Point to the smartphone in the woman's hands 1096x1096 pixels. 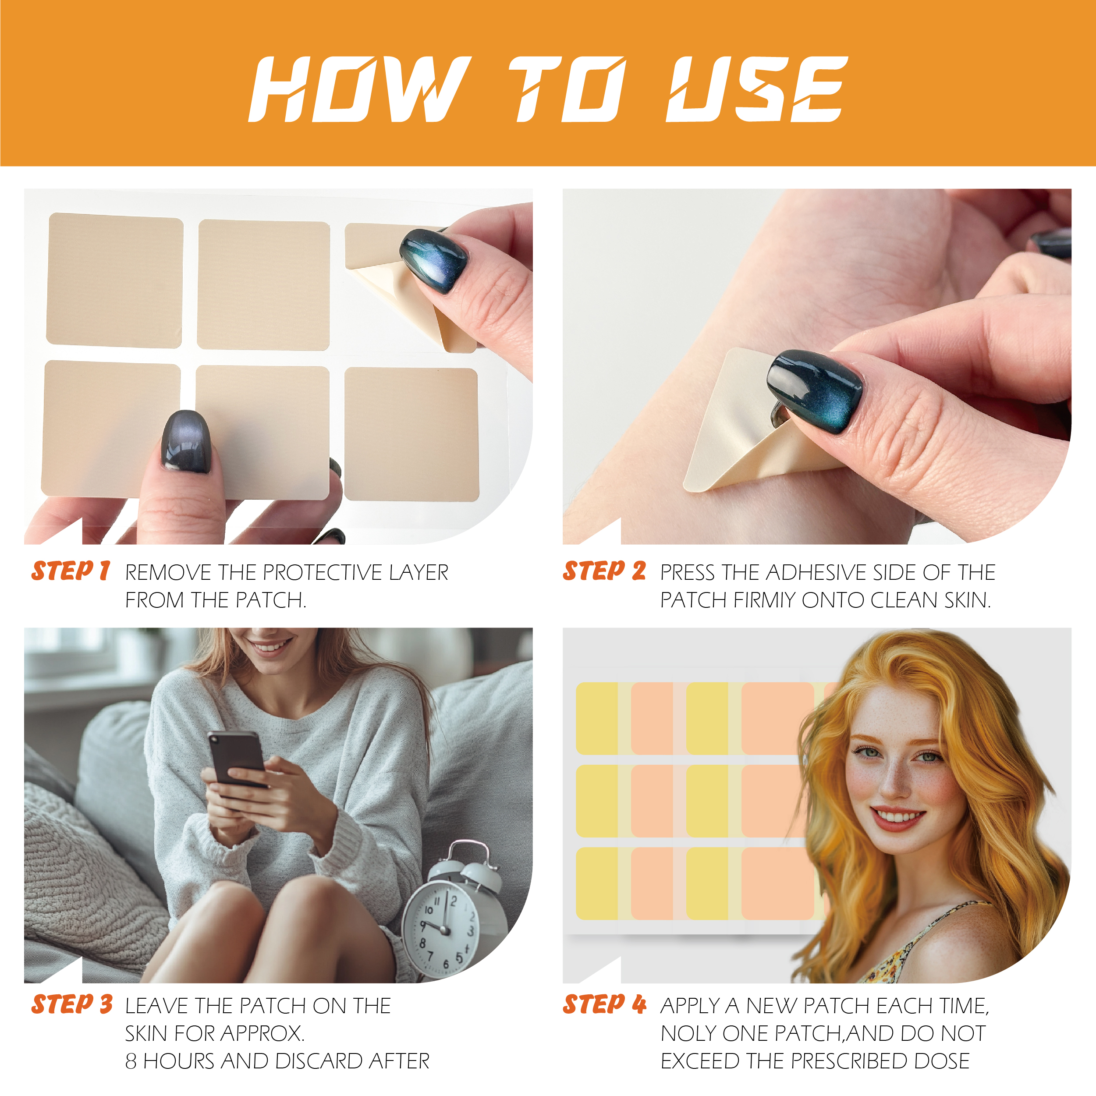coord(237,757)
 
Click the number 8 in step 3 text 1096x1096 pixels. coord(131,1061)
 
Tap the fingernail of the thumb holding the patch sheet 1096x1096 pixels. coord(186,441)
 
